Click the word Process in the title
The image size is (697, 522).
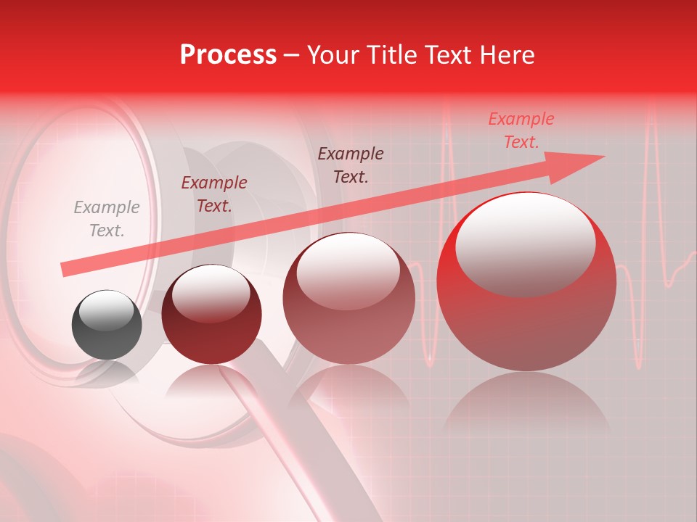coord(228,55)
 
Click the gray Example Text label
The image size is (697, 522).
coord(106,219)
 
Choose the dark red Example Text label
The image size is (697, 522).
coord(214,194)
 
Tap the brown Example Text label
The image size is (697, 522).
coord(351,165)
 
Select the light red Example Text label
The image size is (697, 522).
coord(521,130)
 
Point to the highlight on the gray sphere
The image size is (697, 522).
coord(110,312)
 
